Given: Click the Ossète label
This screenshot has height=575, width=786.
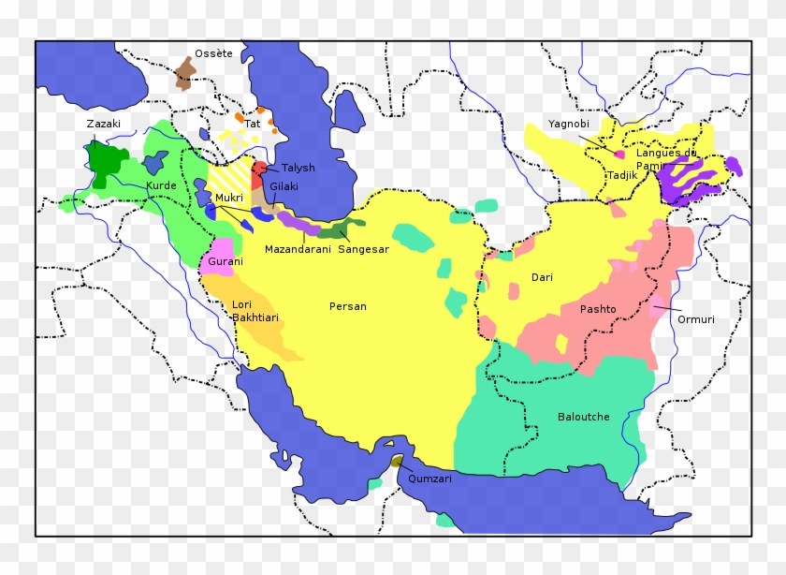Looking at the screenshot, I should (x=213, y=53).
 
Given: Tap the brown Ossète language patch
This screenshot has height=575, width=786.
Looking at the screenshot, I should (x=185, y=72).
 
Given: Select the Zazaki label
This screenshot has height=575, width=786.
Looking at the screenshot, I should (x=103, y=124).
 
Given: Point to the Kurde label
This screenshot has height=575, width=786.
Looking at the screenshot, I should (x=160, y=185).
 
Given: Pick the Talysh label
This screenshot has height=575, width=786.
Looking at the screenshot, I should (x=298, y=168).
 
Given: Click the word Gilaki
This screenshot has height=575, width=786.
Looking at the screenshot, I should (x=284, y=186).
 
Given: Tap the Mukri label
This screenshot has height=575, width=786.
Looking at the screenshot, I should (x=229, y=198).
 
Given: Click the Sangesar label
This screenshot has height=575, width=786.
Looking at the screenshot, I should (x=363, y=249).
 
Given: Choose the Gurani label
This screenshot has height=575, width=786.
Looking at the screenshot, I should (x=226, y=261).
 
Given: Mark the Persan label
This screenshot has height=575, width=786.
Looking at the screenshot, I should (x=347, y=306).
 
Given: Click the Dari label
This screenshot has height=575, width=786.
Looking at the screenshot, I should (x=542, y=277).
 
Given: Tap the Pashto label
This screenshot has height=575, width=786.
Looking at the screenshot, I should (x=598, y=308).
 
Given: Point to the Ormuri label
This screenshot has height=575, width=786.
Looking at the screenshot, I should (x=696, y=319).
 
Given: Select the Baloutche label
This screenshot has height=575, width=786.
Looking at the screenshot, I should (x=583, y=417).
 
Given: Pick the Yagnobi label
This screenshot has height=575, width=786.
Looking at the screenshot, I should (x=567, y=124).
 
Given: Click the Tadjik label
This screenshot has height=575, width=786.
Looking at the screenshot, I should (x=621, y=175).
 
